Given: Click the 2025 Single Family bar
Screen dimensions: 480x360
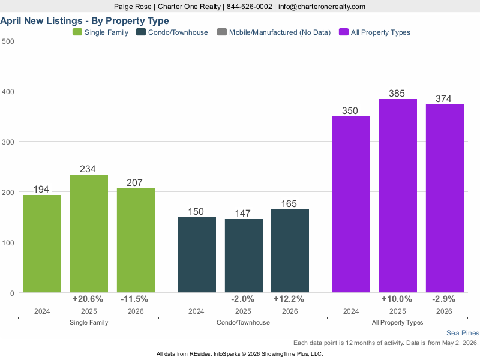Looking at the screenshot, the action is click(x=89, y=233).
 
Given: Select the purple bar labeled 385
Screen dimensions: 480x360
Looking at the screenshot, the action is click(x=398, y=196).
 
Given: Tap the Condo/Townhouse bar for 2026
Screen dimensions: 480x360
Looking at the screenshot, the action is click(x=290, y=251).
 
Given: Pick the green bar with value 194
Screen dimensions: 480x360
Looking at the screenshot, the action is click(x=42, y=244).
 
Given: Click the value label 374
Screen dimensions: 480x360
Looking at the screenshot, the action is click(x=443, y=98).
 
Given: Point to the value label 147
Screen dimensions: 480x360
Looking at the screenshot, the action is click(x=243, y=213).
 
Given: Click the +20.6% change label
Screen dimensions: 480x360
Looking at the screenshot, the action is click(x=88, y=299).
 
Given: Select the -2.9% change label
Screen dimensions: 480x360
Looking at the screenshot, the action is click(x=443, y=299).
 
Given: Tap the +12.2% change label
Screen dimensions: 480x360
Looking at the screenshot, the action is click(x=289, y=299).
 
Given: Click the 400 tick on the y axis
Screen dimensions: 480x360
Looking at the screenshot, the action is click(x=8, y=92).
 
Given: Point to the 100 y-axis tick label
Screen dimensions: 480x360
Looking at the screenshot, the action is click(x=8, y=243).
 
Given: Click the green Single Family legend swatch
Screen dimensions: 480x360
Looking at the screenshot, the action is click(x=77, y=32).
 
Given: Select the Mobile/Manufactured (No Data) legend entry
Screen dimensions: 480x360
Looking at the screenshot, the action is click(x=274, y=32).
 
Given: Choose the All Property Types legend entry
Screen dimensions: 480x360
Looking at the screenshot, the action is click(x=374, y=32).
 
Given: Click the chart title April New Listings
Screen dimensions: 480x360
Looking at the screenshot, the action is click(x=41, y=21).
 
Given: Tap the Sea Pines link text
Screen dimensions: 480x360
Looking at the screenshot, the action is click(x=463, y=333).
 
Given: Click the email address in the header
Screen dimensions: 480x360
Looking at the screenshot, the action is click(x=322, y=7).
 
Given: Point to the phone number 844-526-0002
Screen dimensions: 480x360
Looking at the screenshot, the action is click(x=249, y=7).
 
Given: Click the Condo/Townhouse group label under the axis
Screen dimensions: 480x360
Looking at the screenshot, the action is click(x=243, y=322).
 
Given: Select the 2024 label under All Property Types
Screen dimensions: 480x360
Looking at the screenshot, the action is click(x=351, y=311).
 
